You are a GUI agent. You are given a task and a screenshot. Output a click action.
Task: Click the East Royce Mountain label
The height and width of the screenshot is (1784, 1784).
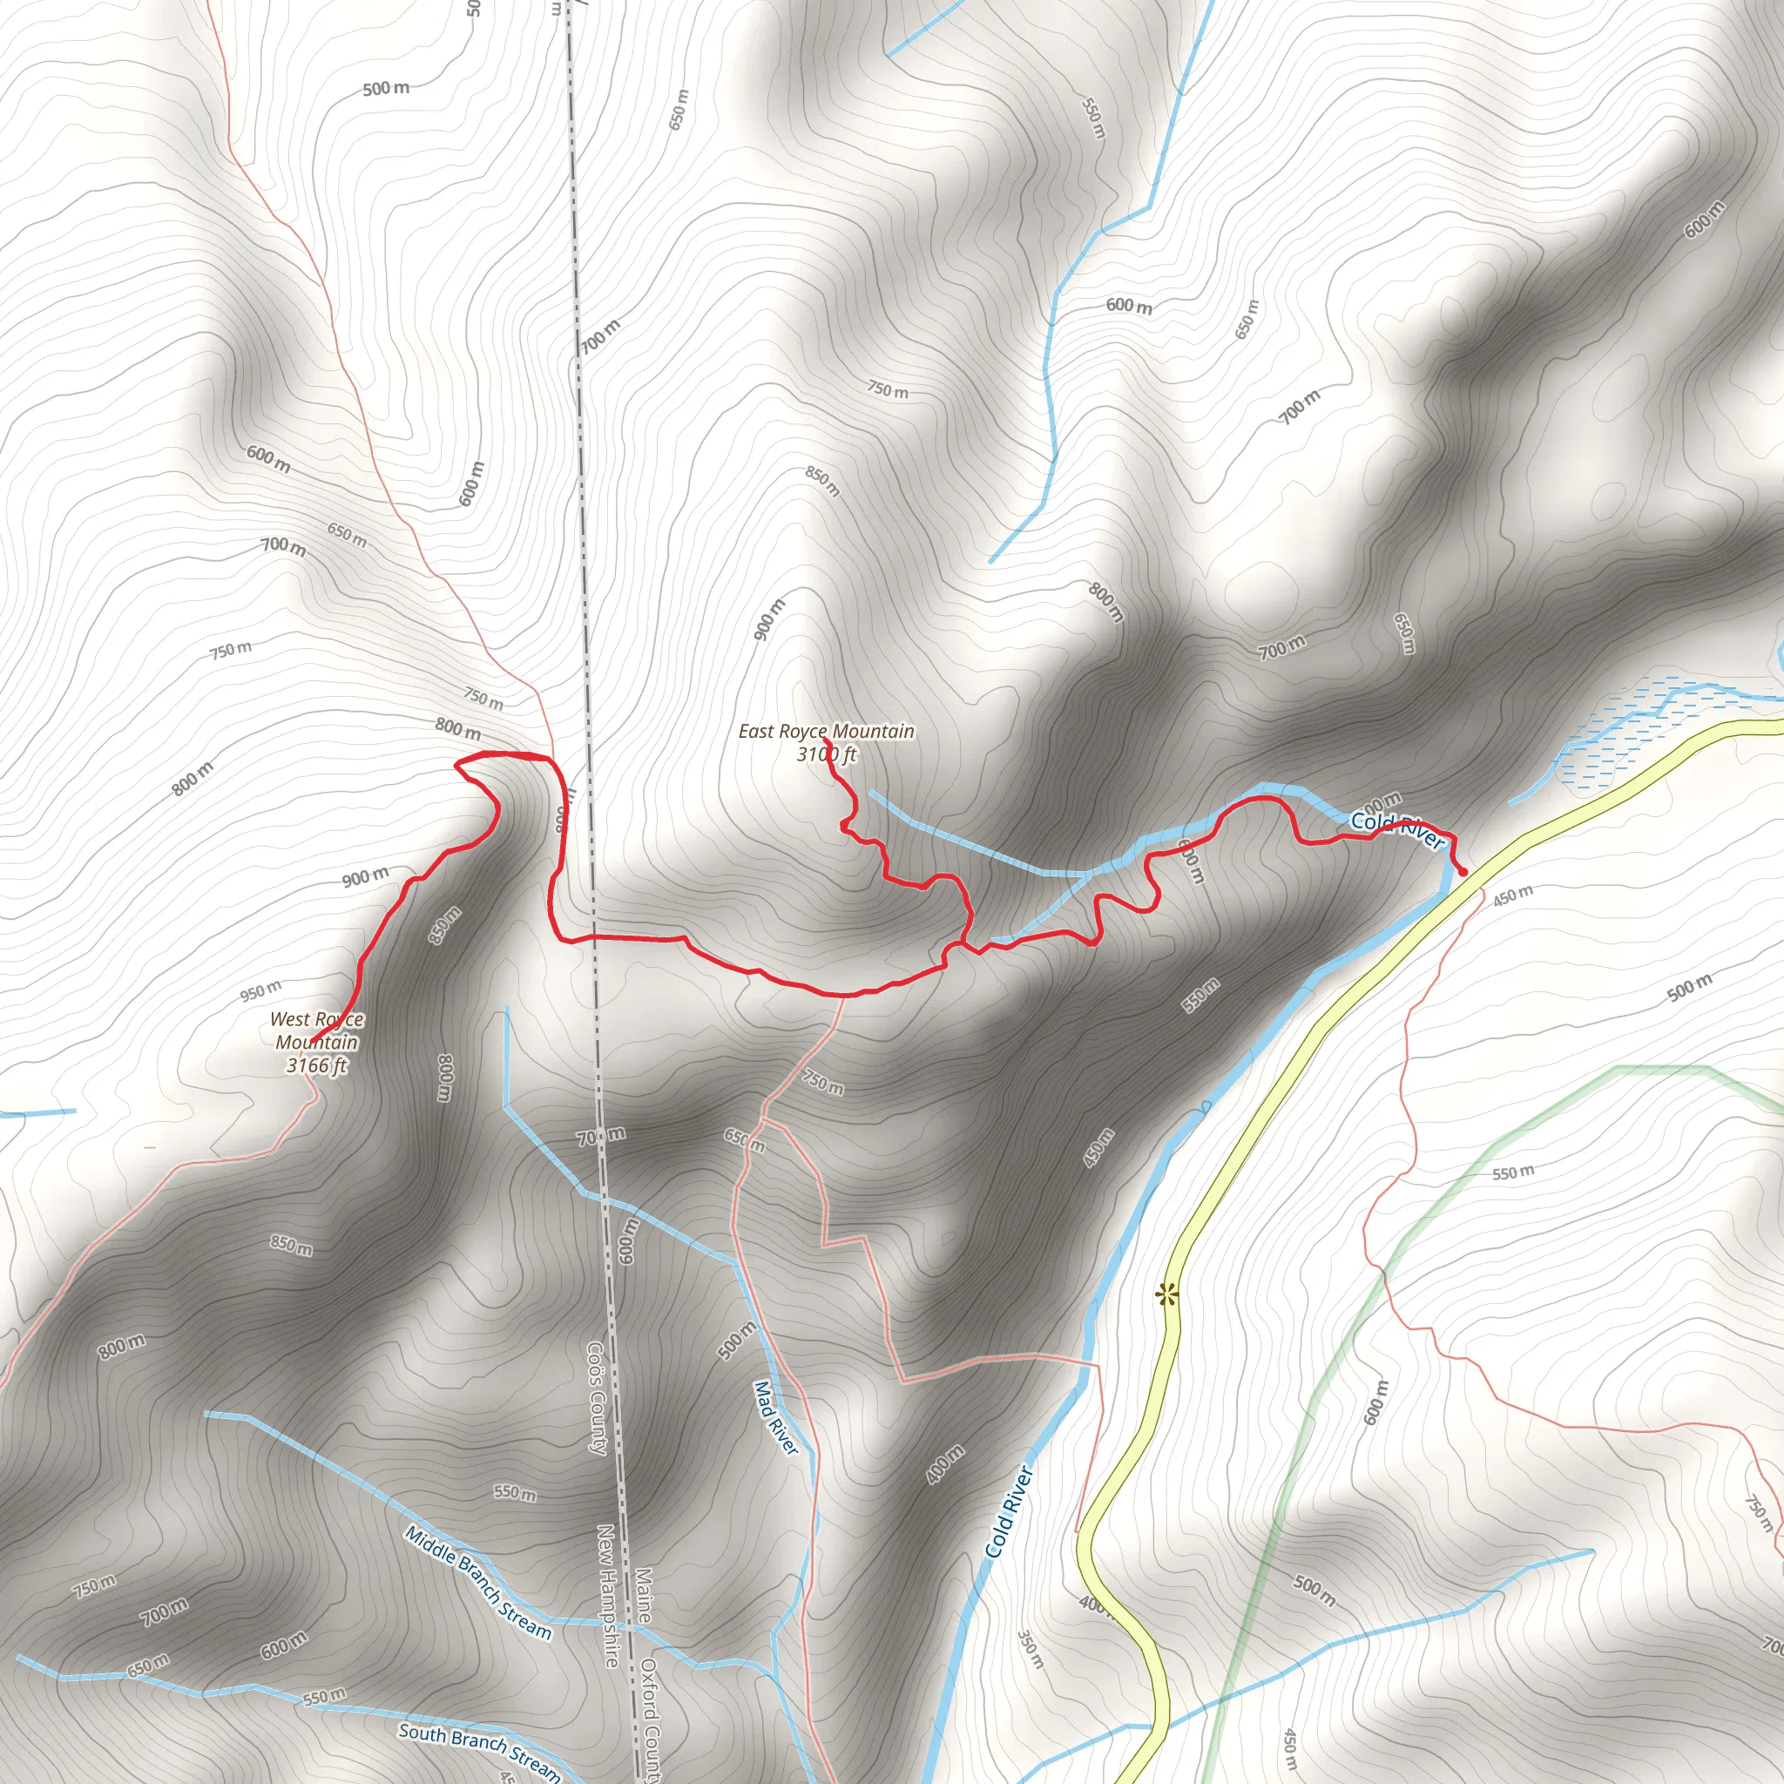826,732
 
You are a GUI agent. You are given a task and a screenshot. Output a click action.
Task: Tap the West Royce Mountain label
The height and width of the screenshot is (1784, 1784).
317,1031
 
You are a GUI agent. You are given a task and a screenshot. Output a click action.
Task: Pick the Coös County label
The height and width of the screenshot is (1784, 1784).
597,1398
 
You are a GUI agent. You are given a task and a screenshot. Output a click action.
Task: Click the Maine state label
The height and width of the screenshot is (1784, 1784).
644,1596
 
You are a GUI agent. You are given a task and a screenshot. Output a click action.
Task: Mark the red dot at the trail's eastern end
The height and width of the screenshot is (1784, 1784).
1463,872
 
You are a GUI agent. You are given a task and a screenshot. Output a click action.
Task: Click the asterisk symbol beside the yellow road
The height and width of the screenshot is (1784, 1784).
1168,1294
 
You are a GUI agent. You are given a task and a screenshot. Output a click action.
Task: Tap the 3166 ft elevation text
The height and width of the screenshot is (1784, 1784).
317,1064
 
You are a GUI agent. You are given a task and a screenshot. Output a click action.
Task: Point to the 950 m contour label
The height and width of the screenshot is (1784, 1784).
261,990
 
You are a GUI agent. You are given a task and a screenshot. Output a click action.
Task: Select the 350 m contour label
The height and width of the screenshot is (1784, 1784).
1031,1649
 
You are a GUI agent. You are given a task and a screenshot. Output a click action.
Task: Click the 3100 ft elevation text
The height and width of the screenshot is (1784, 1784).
827,754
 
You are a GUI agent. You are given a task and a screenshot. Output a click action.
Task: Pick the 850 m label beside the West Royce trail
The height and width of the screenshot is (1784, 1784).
444,925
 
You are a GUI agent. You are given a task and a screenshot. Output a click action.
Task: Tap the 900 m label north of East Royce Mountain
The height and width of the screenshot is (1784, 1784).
769,618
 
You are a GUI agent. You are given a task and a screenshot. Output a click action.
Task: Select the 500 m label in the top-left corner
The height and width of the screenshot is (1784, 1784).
386,89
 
